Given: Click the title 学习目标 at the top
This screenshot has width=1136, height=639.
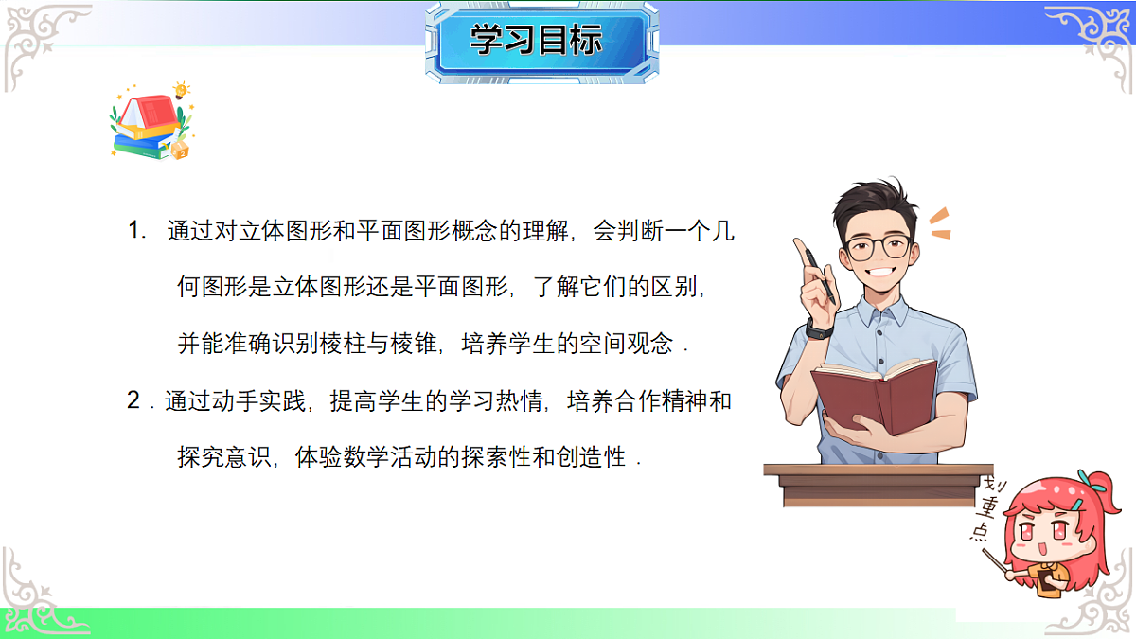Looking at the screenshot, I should pyautogui.click(x=537, y=41).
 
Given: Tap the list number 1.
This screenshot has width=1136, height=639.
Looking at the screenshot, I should pyautogui.click(x=136, y=230).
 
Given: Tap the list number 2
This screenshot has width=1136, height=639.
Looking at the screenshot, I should pyautogui.click(x=134, y=401).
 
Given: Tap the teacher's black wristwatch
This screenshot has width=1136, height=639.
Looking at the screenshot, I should pyautogui.click(x=819, y=328).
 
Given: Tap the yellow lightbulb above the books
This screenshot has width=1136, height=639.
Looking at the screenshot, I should pyautogui.click(x=181, y=90).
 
